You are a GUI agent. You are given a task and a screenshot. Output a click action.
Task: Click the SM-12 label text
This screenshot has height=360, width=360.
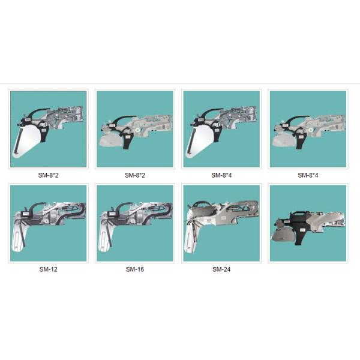point(48,269)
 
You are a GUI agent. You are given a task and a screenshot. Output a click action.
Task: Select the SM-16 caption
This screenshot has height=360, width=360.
point(134,269)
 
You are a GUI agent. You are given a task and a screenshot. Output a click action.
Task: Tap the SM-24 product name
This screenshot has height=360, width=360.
point(221,269)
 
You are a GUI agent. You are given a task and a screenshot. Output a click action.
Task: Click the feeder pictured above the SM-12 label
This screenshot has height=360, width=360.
point(48,223)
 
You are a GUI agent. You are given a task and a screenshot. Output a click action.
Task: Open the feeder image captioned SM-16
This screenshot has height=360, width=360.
point(134,223)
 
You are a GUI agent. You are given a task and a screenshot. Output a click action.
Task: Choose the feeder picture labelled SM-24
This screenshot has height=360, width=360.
point(221,223)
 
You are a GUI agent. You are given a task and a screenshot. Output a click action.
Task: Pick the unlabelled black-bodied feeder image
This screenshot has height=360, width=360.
point(308,223)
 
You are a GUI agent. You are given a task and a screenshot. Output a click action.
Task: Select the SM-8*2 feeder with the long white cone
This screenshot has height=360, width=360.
point(48,129)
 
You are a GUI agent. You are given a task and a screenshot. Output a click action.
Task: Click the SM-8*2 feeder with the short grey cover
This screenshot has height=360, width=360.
point(134,129)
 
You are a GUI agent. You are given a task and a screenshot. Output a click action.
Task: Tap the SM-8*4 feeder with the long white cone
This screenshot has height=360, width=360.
point(221,129)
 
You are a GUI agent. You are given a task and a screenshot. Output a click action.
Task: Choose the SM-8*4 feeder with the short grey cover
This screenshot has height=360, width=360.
point(308,129)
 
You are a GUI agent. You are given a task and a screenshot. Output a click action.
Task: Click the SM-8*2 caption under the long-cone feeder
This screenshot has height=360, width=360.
point(48,176)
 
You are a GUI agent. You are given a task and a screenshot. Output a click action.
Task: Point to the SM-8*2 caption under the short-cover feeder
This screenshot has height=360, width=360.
point(134,176)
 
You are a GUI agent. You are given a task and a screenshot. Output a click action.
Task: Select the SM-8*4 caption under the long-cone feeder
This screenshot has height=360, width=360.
point(221,176)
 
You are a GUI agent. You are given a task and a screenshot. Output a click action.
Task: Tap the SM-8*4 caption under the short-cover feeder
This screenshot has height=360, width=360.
point(308,176)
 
